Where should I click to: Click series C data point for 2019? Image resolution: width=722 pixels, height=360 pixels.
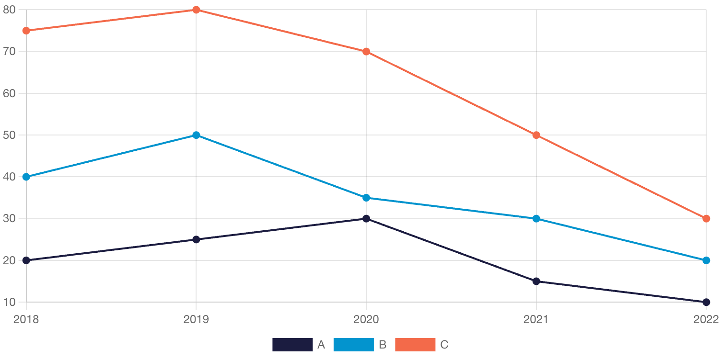[x=196, y=10]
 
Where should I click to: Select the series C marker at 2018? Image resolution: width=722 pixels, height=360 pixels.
[x=26, y=31]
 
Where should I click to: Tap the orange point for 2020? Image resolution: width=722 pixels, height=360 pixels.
[x=366, y=52]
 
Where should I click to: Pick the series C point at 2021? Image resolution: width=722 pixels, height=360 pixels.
[x=536, y=135]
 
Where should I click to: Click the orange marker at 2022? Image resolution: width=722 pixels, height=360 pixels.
[x=706, y=219]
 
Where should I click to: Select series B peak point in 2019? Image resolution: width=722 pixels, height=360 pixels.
[x=196, y=135]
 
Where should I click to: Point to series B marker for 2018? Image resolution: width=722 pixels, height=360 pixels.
[x=26, y=177]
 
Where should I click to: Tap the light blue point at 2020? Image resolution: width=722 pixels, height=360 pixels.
[x=366, y=198]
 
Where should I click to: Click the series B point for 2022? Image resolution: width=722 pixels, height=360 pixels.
[x=706, y=260]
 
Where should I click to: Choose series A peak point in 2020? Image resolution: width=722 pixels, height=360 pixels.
[x=366, y=219]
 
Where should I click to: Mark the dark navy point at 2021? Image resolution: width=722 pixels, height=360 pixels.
[x=536, y=281]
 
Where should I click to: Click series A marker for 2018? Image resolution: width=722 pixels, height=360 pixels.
[x=26, y=260]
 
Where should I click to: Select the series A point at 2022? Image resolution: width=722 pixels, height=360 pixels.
[x=706, y=302]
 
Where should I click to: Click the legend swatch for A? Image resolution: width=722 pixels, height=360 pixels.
[x=292, y=345]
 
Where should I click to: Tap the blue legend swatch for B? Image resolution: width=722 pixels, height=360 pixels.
[x=353, y=345]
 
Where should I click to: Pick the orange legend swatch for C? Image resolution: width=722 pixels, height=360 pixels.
[x=415, y=345]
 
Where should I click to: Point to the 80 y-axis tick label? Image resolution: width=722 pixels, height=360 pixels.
[x=9, y=10]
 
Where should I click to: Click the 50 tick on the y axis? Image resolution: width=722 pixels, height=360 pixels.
[x=9, y=135]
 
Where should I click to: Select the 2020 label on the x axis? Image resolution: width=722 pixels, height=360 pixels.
[x=366, y=319]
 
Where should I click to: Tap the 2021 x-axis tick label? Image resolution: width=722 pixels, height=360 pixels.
[x=536, y=319]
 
